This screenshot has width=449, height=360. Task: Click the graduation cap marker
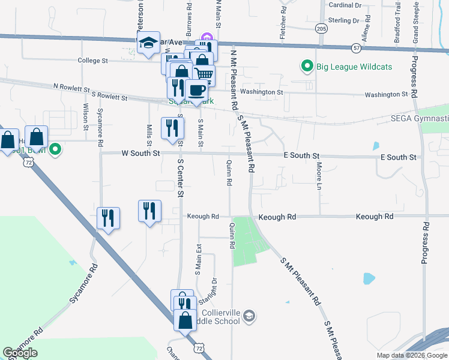click(x=148, y=43)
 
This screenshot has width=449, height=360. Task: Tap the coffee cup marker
click(x=196, y=91)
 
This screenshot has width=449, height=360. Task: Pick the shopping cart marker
click(x=204, y=75)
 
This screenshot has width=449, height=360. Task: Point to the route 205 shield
click(x=321, y=28)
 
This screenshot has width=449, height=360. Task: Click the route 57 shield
click(x=357, y=47)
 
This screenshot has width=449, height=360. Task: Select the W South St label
click(x=140, y=154)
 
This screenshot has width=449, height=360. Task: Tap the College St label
click(x=92, y=61)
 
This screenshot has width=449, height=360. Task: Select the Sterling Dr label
click(x=343, y=20)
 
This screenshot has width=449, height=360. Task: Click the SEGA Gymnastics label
click(x=420, y=119)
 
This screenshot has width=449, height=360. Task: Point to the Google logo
click(x=20, y=353)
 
